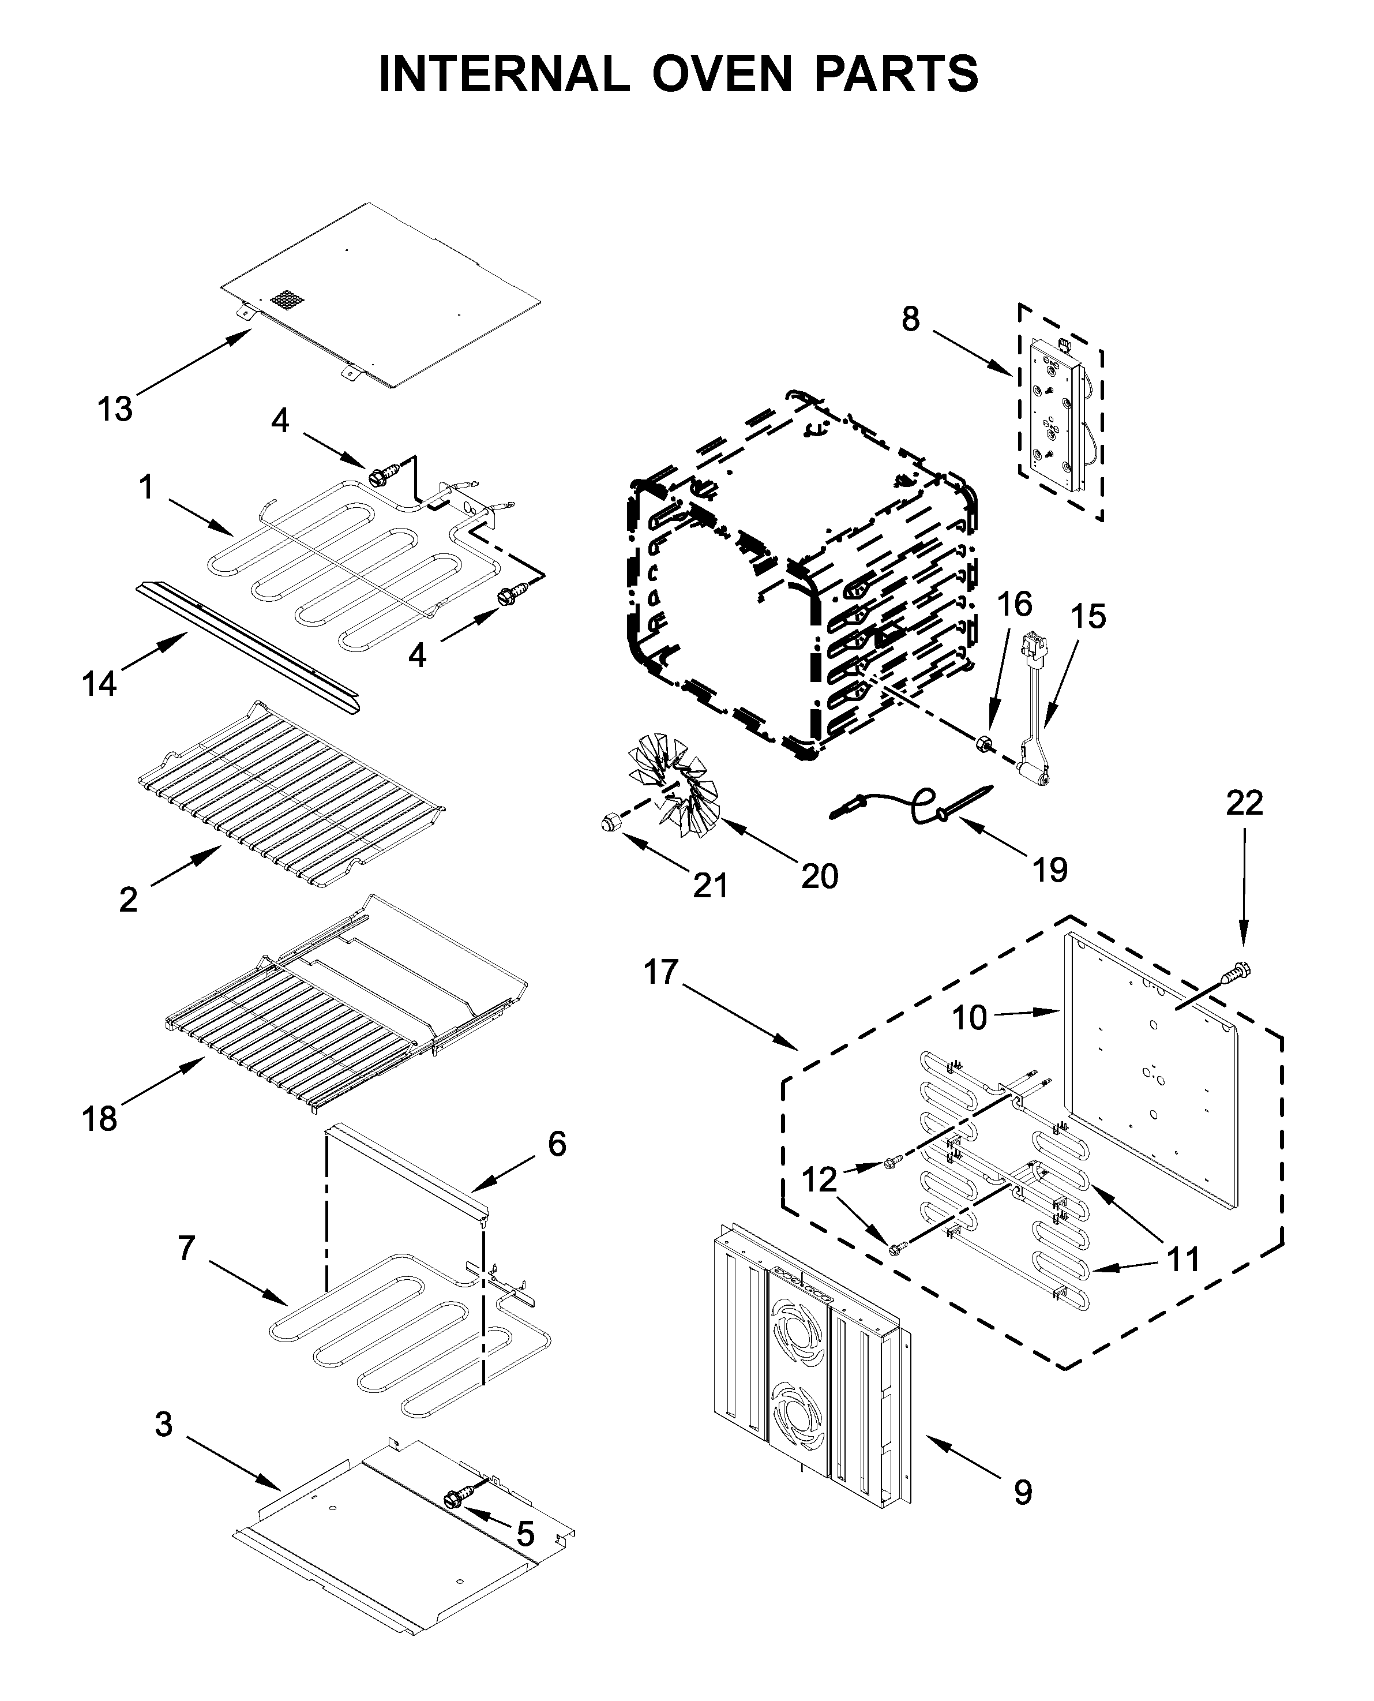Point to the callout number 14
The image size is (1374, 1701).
click(x=100, y=683)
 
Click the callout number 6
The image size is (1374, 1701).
click(x=557, y=1144)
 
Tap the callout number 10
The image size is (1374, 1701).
click(x=968, y=1017)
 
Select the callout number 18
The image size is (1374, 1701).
click(x=100, y=1118)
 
